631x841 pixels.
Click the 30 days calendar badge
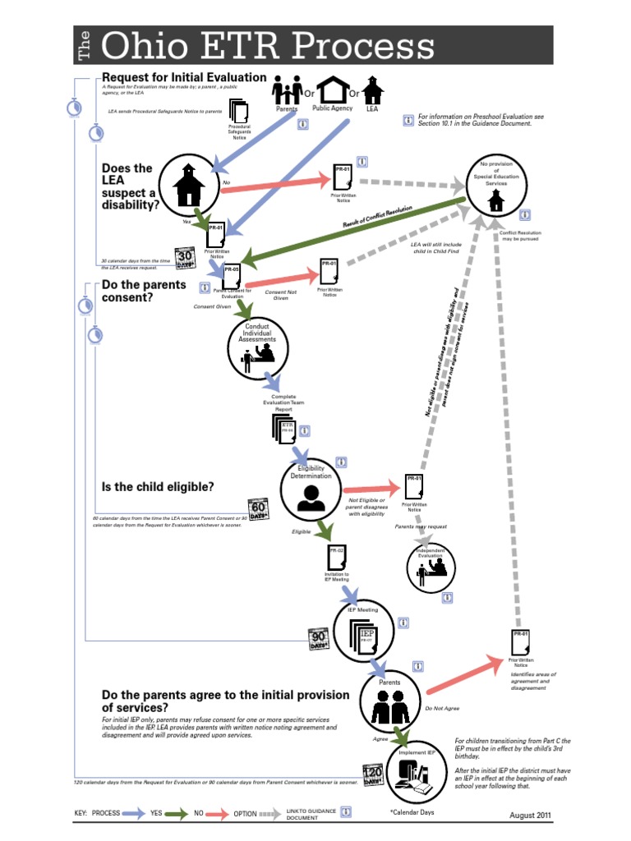point(187,257)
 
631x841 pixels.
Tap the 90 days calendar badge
point(320,639)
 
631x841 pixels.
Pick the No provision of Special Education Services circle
point(495,186)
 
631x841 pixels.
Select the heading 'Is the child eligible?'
point(158,487)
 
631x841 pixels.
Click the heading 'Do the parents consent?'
point(144,291)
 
